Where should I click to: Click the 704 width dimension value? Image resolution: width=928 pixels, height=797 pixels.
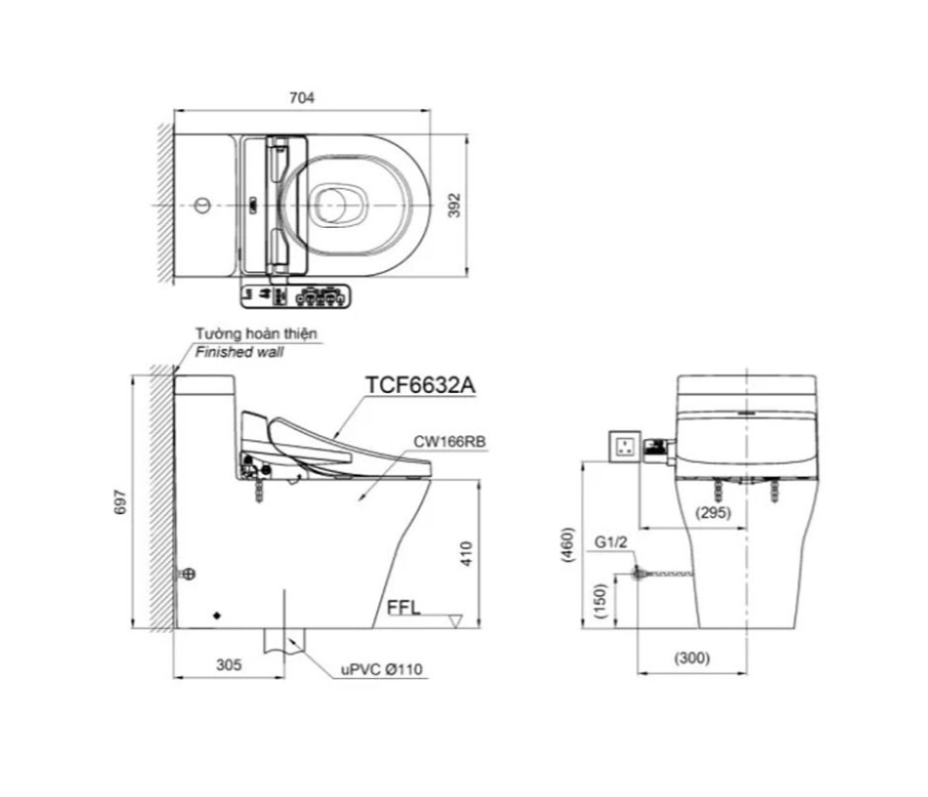coord(301,97)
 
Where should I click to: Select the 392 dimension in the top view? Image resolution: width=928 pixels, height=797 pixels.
coord(454,205)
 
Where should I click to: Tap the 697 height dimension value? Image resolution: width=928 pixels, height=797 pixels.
coord(120,501)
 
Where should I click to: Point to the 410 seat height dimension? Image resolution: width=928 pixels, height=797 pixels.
coord(466,554)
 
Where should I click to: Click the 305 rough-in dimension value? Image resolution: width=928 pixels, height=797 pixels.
coord(229,665)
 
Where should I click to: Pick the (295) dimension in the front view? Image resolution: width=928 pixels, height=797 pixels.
coord(713,512)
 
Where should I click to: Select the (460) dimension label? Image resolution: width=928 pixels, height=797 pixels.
coord(568,544)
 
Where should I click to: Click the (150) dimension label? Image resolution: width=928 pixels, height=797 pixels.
coord(600,601)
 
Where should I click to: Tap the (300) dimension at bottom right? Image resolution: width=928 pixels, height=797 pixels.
coord(691,657)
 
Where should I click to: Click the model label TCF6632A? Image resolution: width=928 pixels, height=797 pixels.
coord(420,385)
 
